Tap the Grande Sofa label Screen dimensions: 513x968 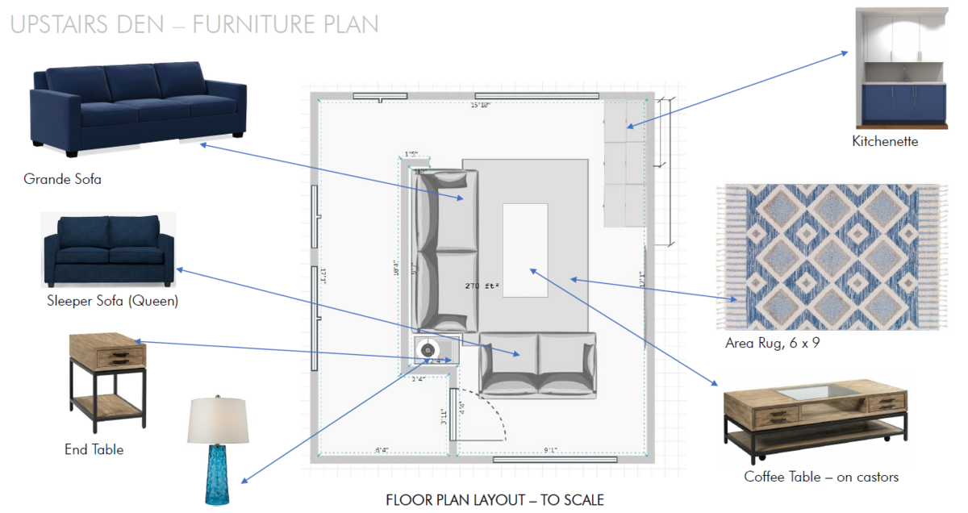click(x=62, y=179)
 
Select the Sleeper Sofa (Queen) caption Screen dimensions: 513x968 click(x=112, y=302)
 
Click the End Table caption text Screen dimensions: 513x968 click(x=94, y=449)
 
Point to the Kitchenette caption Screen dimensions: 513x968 click(x=885, y=141)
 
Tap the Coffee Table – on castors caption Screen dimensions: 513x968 click(x=821, y=477)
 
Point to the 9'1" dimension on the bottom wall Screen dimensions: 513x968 click(x=552, y=451)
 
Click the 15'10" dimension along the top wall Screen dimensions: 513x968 click(x=481, y=105)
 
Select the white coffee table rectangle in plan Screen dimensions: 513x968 click(x=525, y=250)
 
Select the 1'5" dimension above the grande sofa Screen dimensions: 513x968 click(x=411, y=154)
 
